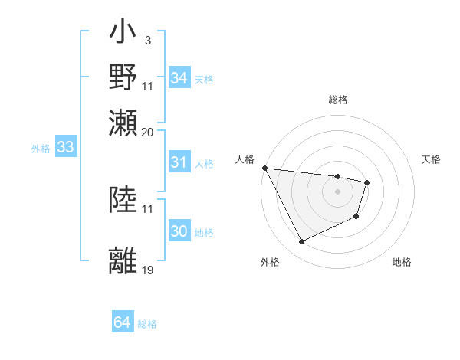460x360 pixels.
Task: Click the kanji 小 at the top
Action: [123, 34]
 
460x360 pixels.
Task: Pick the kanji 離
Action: [123, 260]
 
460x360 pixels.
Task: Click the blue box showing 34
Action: [179, 78]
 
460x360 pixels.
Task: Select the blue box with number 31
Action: [179, 162]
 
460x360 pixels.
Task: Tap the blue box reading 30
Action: [179, 231]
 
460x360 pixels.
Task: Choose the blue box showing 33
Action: [65, 148]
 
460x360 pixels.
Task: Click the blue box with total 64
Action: [122, 323]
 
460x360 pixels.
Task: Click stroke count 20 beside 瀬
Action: [148, 131]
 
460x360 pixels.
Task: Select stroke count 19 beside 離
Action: [148, 270]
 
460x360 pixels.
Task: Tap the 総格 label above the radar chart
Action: [338, 100]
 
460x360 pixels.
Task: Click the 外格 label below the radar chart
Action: [270, 262]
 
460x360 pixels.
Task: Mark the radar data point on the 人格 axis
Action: [264, 168]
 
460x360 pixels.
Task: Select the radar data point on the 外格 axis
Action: [301, 242]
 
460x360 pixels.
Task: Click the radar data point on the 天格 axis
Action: [367, 182]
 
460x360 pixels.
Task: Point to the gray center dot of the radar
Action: [337, 191]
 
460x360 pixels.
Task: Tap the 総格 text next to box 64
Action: [147, 324]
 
